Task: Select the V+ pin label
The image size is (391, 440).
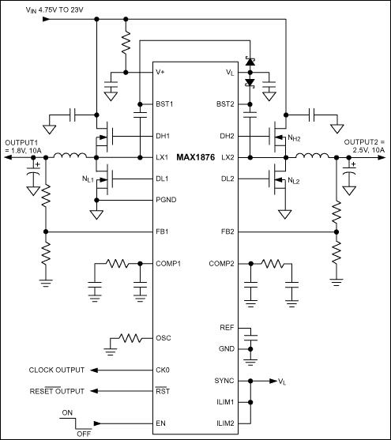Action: click(x=161, y=72)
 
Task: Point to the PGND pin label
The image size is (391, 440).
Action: click(x=167, y=201)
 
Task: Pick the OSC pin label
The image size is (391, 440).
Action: click(x=164, y=337)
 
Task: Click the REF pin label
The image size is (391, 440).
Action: click(x=227, y=327)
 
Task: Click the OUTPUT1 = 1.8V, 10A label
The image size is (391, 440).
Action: click(x=24, y=145)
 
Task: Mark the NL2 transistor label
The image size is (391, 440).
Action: click(x=294, y=181)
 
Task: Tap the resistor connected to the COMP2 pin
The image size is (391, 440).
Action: click(x=273, y=263)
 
